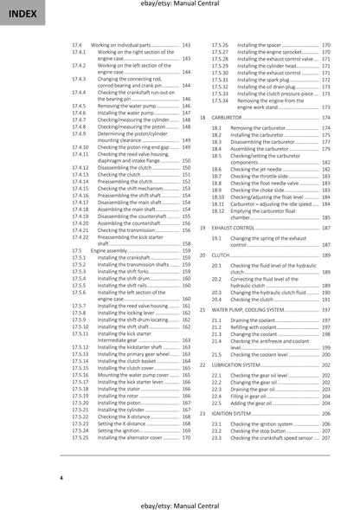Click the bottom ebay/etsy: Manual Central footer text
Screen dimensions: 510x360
(x=180, y=501)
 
